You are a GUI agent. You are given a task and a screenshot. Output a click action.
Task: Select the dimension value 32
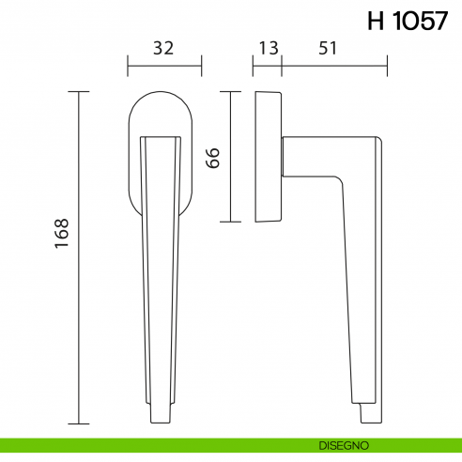[163, 49]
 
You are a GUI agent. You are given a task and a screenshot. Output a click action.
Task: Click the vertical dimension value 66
[213, 157]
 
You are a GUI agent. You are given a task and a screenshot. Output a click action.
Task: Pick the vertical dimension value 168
[63, 232]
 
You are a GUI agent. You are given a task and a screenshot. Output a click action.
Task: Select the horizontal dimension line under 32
[163, 66]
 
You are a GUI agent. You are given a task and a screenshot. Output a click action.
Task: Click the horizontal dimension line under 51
[333, 66]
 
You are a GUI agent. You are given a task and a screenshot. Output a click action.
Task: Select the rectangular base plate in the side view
[267, 156]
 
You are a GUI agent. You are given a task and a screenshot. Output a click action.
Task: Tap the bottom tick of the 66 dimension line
[230, 222]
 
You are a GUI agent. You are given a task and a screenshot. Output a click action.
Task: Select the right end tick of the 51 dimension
[387, 66]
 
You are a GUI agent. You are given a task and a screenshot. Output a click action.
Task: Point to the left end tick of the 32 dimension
[128, 66]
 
